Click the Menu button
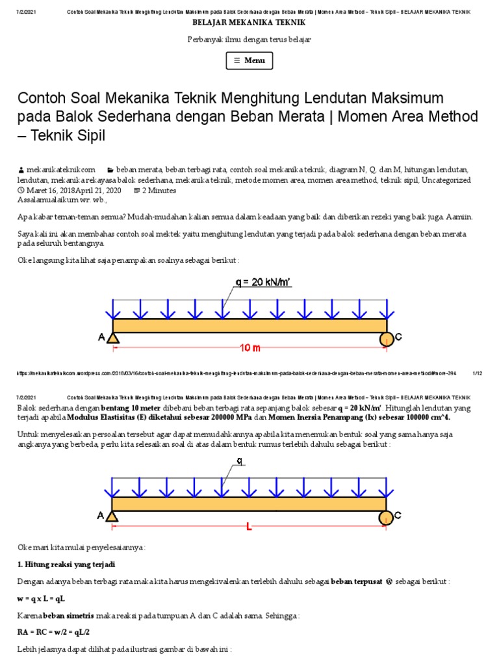(249, 60)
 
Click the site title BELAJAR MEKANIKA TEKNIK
(249, 22)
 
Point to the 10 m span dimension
(250, 348)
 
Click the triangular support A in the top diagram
(112, 338)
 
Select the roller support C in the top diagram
(387, 338)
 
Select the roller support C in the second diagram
(386, 516)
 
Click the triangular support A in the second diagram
(112, 516)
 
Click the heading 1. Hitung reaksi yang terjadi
(66, 564)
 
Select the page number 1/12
(477, 373)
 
